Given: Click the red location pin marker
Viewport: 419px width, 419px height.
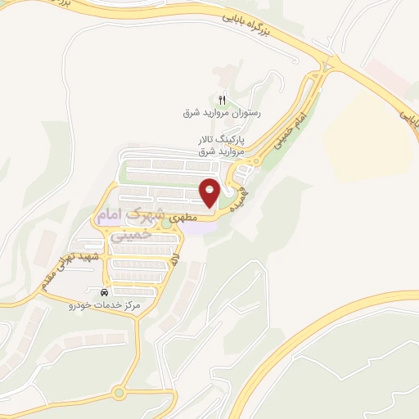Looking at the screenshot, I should pos(209,193).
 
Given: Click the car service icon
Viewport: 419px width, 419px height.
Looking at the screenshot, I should pos(104,292).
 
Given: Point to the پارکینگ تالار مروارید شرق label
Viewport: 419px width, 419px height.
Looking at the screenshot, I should pos(220,146).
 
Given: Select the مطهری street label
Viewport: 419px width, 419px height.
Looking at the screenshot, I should pos(204,219).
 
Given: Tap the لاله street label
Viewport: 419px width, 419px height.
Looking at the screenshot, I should pos(174,262).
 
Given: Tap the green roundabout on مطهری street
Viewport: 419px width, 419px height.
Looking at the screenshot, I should pos(166,222).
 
